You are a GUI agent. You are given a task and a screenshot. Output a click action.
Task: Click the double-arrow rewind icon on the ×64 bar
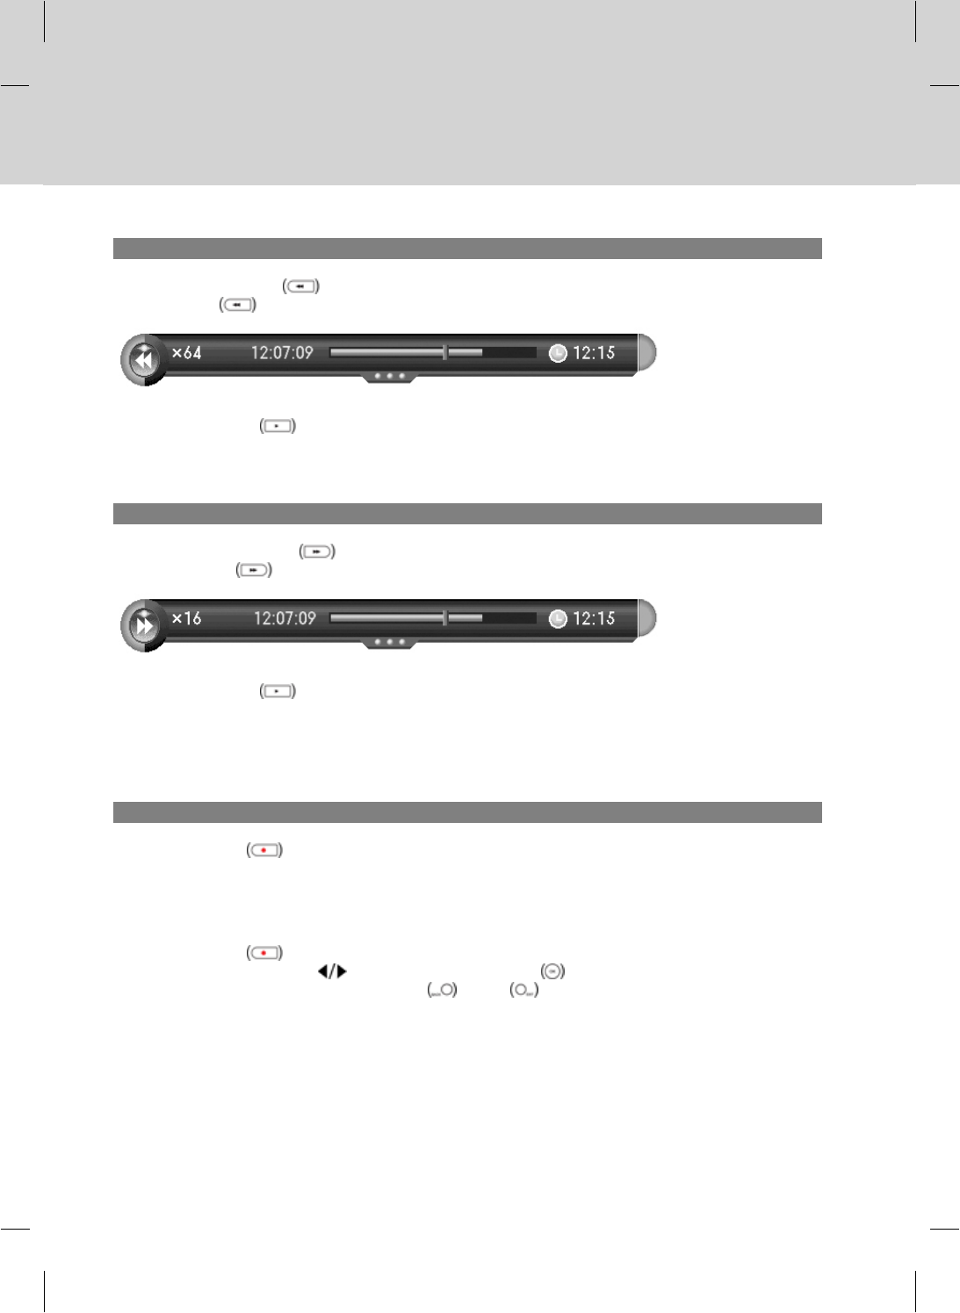pos(143,360)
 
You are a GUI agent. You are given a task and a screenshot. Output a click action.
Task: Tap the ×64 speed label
pos(186,353)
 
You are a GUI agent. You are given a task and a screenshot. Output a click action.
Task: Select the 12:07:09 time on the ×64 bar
pos(283,353)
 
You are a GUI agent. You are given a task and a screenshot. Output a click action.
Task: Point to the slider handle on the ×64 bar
pos(445,352)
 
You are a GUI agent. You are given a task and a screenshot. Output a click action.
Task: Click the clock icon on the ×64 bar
pos(558,353)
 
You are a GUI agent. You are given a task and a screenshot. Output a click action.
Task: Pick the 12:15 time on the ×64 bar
pos(594,353)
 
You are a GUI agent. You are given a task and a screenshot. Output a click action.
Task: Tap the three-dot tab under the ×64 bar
pos(389,377)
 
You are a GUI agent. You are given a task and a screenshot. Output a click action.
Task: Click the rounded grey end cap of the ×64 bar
pos(647,352)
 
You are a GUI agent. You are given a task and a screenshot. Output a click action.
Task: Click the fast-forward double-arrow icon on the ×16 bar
pos(143,626)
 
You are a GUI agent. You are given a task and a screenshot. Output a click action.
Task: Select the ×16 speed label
pos(186,618)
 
